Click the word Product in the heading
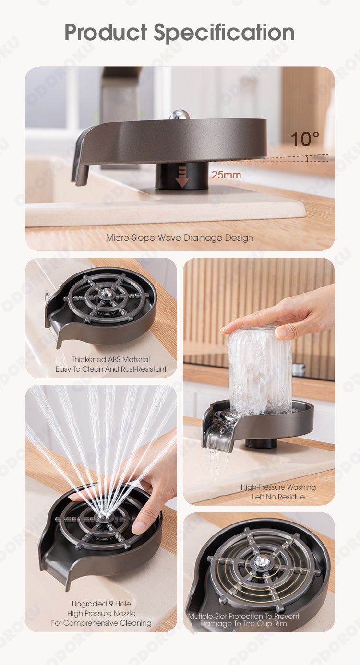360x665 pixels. tap(106, 32)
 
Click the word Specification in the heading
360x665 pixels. tap(224, 33)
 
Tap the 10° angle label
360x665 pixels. tap(305, 139)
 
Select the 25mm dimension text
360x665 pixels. tap(227, 175)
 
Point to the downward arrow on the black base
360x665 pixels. tap(182, 177)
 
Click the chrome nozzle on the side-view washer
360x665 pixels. tap(180, 115)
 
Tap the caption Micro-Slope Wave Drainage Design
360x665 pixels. tap(180, 238)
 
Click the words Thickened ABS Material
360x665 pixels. tap(110, 359)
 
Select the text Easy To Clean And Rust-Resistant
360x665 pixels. tap(111, 369)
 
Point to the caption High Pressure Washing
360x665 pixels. tap(278, 487)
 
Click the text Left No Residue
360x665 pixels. tap(278, 497)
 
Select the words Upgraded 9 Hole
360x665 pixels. tap(101, 604)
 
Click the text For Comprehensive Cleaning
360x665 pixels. tap(101, 623)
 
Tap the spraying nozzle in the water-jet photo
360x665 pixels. tap(103, 516)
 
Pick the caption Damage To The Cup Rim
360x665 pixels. tap(243, 623)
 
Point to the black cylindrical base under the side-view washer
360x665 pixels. tap(182, 176)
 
